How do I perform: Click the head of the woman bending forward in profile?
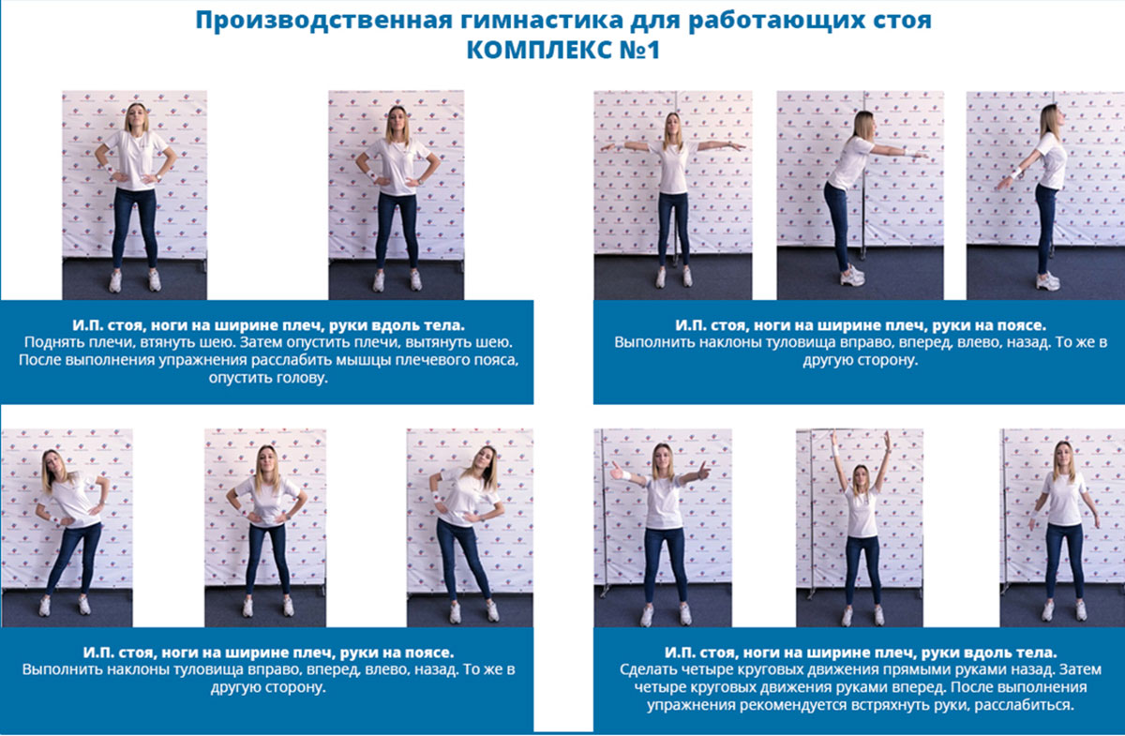point(863,126)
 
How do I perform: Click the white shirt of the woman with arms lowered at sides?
point(1064,497)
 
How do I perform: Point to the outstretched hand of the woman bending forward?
point(922,156)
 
